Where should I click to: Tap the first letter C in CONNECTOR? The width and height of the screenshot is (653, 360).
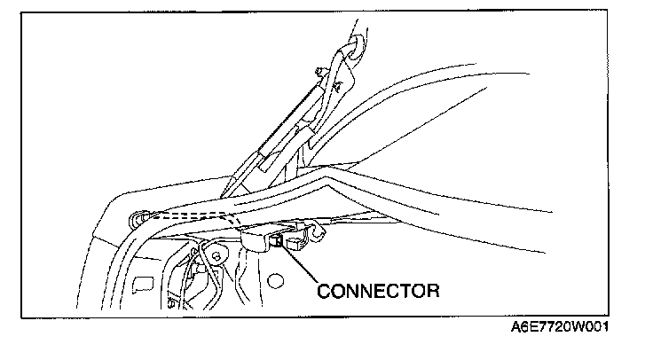[x=323, y=289]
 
